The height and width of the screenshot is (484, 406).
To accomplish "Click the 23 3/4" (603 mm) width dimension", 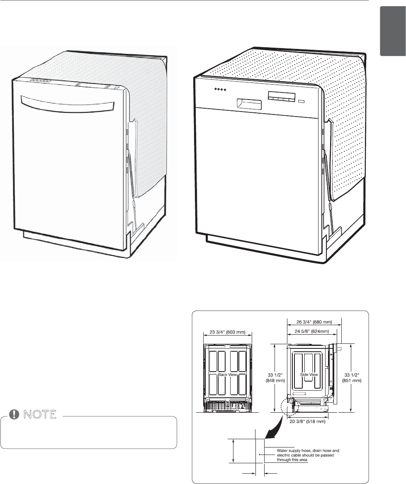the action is pyautogui.click(x=228, y=332).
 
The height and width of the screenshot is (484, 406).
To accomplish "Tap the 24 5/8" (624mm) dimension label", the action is pyautogui.click(x=311, y=331).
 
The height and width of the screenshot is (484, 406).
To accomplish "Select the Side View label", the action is pyautogui.click(x=309, y=375).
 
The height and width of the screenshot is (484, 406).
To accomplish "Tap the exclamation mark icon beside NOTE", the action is pyautogui.click(x=15, y=415).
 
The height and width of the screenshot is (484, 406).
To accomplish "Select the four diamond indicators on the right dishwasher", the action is pyautogui.click(x=217, y=90).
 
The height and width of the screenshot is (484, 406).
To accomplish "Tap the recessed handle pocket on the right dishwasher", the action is pyautogui.click(x=249, y=104).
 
